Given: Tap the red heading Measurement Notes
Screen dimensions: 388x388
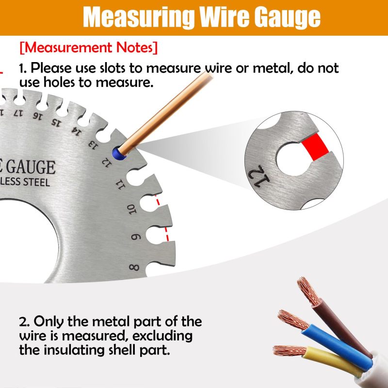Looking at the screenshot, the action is click(88, 47).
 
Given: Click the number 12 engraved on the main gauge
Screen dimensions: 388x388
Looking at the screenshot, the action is click(107, 162).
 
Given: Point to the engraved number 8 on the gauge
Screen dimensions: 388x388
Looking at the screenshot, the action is click(134, 268).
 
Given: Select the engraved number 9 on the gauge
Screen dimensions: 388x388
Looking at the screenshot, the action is click(136, 237).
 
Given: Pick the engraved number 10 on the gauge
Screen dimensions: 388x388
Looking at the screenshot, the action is click(131, 210).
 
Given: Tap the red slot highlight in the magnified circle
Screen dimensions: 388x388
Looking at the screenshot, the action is click(315, 147).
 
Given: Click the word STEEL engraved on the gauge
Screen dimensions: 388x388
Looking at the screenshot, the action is click(37, 182).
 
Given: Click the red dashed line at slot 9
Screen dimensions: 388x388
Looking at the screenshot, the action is click(167, 234).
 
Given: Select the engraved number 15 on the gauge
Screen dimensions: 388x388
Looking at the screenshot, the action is click(56, 122).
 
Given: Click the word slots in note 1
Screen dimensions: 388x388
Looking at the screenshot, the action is click(113, 68).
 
